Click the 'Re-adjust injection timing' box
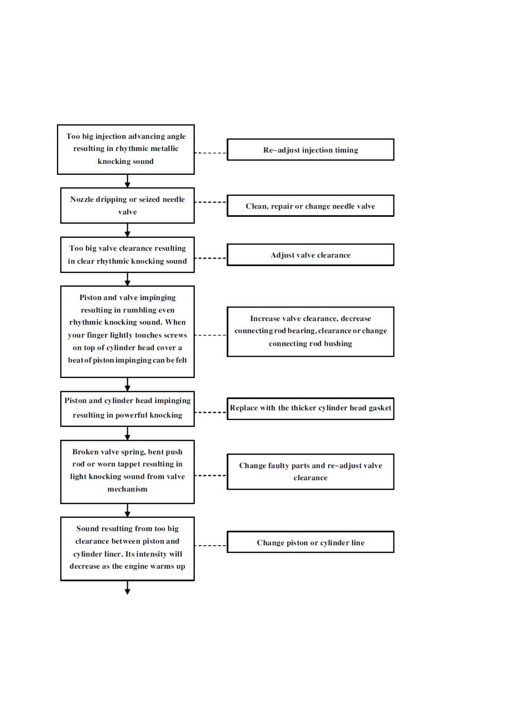pyautogui.click(x=310, y=150)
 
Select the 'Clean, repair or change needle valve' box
pyautogui.click(x=310, y=206)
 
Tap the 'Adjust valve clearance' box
pyautogui.click(x=310, y=255)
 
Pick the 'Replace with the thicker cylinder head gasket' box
pyautogui.click(x=310, y=409)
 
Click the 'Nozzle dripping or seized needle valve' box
pyautogui.click(x=127, y=206)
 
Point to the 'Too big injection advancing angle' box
pyautogui.click(x=126, y=149)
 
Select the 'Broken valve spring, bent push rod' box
pyautogui.click(x=127, y=472)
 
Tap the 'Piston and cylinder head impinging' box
pyautogui.click(x=127, y=409)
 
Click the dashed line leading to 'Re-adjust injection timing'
pyautogui.click(x=211, y=153)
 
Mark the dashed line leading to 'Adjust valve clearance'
pyautogui.click(x=211, y=258)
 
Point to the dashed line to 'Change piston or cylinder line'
pyautogui.click(x=211, y=546)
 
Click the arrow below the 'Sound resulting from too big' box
pyautogui.click(x=127, y=588)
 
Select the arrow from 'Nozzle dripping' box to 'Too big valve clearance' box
pyautogui.click(x=127, y=230)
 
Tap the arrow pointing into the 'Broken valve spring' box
pyautogui.click(x=127, y=433)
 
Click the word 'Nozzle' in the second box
pyautogui.click(x=82, y=199)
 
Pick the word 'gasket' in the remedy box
pyautogui.click(x=380, y=408)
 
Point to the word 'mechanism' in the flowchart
pyautogui.click(x=127, y=489)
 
